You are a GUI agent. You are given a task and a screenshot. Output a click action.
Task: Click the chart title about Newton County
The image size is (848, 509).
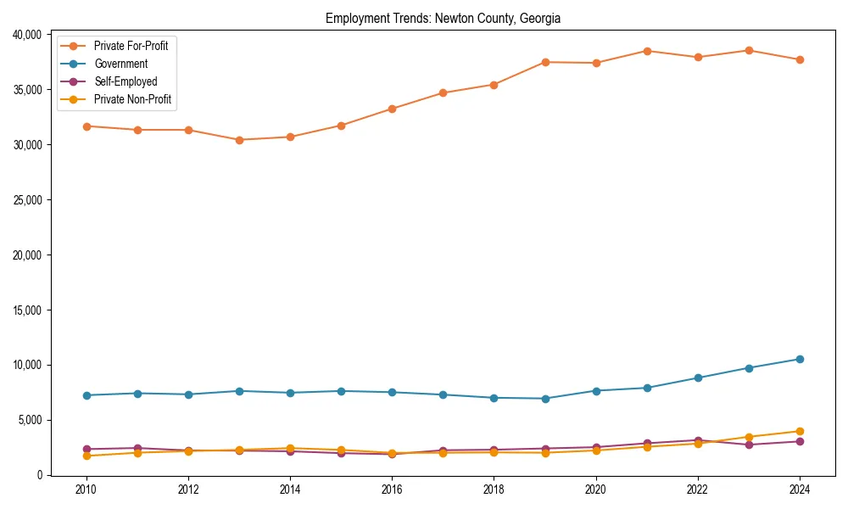coord(443,19)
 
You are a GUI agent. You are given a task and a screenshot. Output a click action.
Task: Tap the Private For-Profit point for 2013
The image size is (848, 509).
coord(239,140)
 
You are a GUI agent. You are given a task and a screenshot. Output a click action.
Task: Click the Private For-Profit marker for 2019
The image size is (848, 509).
coord(545,62)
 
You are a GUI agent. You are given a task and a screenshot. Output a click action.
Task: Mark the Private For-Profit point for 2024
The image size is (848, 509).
coord(800,59)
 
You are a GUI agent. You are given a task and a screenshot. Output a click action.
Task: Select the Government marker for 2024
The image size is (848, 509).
coord(800,359)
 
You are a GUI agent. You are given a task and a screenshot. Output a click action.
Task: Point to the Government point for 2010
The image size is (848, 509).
coord(86,395)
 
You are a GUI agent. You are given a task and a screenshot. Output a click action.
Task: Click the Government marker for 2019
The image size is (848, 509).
coord(545,399)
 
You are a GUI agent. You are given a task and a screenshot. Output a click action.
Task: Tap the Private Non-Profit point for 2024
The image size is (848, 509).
coord(800,431)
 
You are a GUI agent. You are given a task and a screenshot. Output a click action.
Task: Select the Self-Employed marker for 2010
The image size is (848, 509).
coord(86,449)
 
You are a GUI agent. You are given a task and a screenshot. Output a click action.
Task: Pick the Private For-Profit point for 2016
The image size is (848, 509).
coord(392,109)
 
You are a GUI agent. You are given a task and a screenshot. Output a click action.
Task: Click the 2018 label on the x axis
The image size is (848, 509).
coord(494,489)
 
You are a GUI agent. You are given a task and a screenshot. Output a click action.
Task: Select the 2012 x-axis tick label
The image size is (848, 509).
coord(188,489)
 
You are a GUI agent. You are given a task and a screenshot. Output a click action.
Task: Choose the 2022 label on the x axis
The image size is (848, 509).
coord(698,489)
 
